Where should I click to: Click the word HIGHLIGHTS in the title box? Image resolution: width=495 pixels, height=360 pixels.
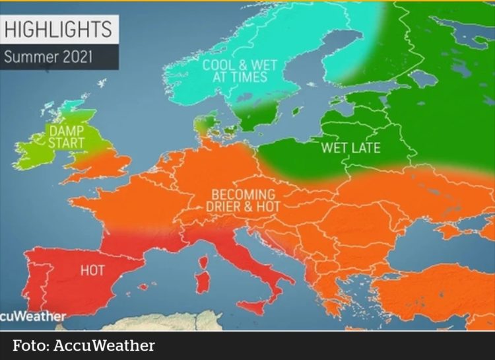point(58,29)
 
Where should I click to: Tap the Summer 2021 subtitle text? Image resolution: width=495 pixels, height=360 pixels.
point(48,56)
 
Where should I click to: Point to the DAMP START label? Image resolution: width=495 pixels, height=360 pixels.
point(67,137)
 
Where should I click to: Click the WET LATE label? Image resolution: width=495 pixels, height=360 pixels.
point(350,147)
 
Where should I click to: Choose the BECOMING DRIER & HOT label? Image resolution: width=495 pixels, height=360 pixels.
point(243,200)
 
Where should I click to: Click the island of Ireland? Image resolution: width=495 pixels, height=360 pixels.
point(36,151)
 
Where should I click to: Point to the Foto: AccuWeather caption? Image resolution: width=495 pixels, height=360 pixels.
point(84,345)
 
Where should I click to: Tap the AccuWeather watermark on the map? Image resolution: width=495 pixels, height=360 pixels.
point(33,316)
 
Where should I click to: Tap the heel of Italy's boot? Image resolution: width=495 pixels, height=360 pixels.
point(290,278)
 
